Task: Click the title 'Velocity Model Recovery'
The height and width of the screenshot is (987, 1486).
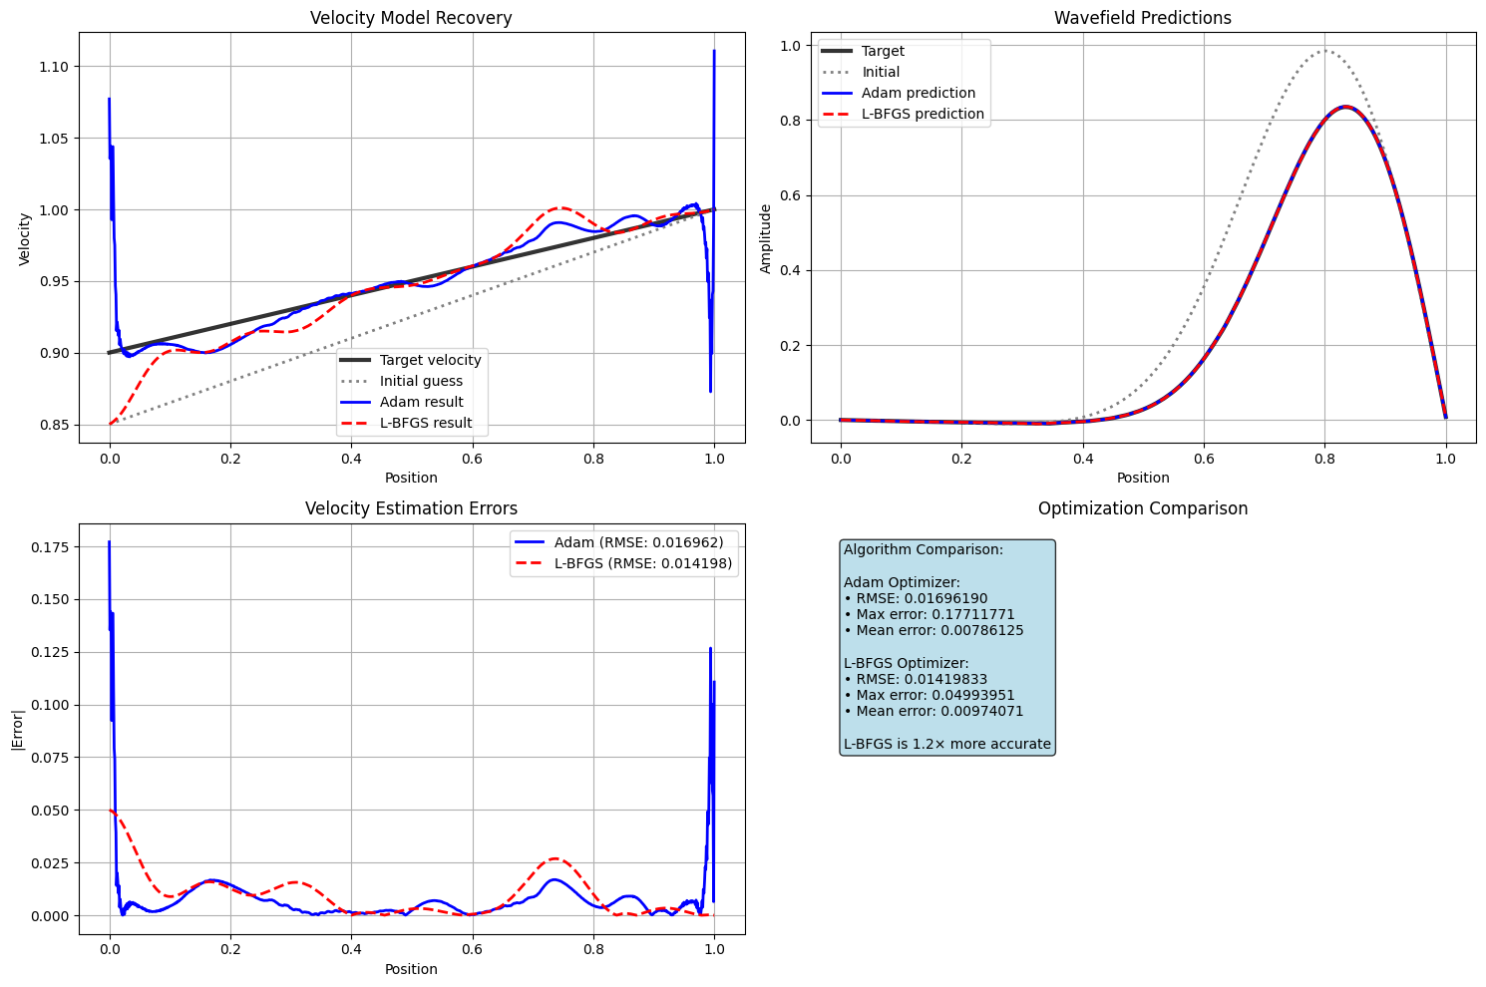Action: click(x=411, y=18)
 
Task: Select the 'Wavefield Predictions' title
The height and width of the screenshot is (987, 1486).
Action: click(x=1143, y=18)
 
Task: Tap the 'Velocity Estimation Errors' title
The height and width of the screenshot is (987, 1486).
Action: click(x=411, y=509)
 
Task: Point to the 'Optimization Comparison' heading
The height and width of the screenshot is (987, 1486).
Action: click(x=1143, y=509)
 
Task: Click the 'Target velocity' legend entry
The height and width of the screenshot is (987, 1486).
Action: click(x=430, y=360)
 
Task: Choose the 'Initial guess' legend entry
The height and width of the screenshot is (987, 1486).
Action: click(x=421, y=381)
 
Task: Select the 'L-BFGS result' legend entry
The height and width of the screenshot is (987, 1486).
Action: click(x=426, y=424)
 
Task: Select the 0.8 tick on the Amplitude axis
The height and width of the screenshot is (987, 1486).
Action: click(x=792, y=121)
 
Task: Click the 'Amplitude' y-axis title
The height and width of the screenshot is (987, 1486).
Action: click(x=766, y=238)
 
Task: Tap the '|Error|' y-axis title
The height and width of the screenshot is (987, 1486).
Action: click(x=17, y=729)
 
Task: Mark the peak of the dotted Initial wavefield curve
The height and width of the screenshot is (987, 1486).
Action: click(x=1324, y=51)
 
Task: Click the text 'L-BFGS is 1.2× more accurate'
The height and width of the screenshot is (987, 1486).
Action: click(x=947, y=744)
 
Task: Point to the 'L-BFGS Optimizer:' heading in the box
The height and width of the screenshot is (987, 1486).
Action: click(x=906, y=663)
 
